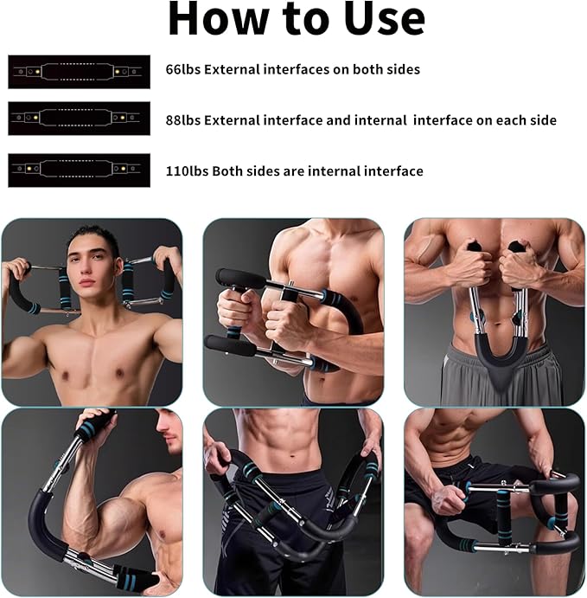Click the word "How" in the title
(211, 19)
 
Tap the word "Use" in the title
(383, 19)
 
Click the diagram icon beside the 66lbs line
(79, 71)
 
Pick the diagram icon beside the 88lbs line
(79, 118)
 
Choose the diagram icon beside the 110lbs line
(79, 170)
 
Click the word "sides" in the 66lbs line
(401, 69)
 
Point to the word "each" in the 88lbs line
(510, 120)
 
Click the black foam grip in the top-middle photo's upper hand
(238, 279)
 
